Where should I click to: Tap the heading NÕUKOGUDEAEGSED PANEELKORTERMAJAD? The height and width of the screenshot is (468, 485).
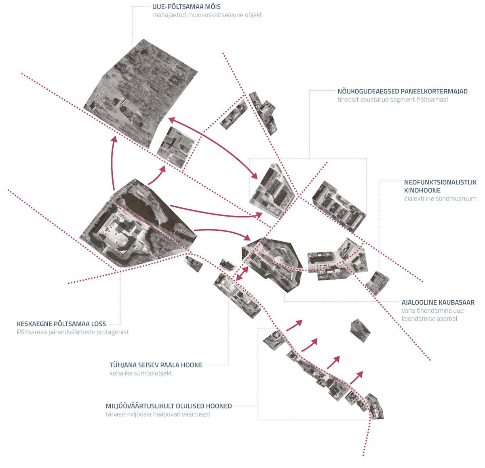(x=402, y=91)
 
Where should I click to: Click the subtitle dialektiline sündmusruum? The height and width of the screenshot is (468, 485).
(x=440, y=199)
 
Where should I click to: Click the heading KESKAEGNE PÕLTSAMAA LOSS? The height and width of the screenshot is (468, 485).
(x=61, y=324)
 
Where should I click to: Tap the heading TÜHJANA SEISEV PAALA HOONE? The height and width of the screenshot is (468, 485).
(x=156, y=365)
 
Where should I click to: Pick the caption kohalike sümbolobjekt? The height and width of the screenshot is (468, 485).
(x=141, y=373)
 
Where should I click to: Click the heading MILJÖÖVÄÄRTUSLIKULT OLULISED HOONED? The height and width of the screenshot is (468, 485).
(x=169, y=406)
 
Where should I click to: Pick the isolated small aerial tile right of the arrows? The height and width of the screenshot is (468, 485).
(x=360, y=331)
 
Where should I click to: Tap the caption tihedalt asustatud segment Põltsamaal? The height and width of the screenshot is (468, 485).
(x=393, y=99)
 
